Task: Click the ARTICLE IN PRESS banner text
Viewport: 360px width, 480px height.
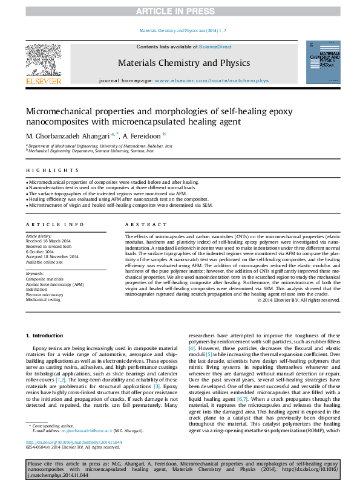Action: click(180, 11)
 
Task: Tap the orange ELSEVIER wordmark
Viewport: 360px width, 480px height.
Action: click(43, 81)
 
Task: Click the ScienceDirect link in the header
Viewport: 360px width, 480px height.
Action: click(215, 47)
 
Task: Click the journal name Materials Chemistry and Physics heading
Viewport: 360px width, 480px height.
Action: click(183, 63)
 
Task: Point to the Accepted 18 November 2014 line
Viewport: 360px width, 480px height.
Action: click(52, 256)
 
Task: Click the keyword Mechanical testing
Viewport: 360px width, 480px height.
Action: click(43, 299)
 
